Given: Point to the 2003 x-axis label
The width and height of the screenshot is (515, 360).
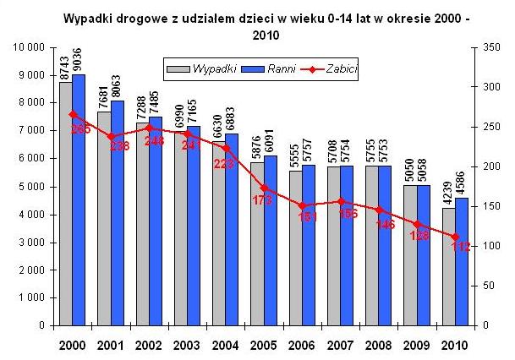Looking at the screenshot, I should (186, 345).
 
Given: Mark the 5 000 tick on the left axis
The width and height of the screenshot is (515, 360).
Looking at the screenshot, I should (31, 187).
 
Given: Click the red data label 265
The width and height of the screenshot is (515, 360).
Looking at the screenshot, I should (81, 128).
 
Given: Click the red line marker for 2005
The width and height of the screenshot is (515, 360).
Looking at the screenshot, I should (264, 188).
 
